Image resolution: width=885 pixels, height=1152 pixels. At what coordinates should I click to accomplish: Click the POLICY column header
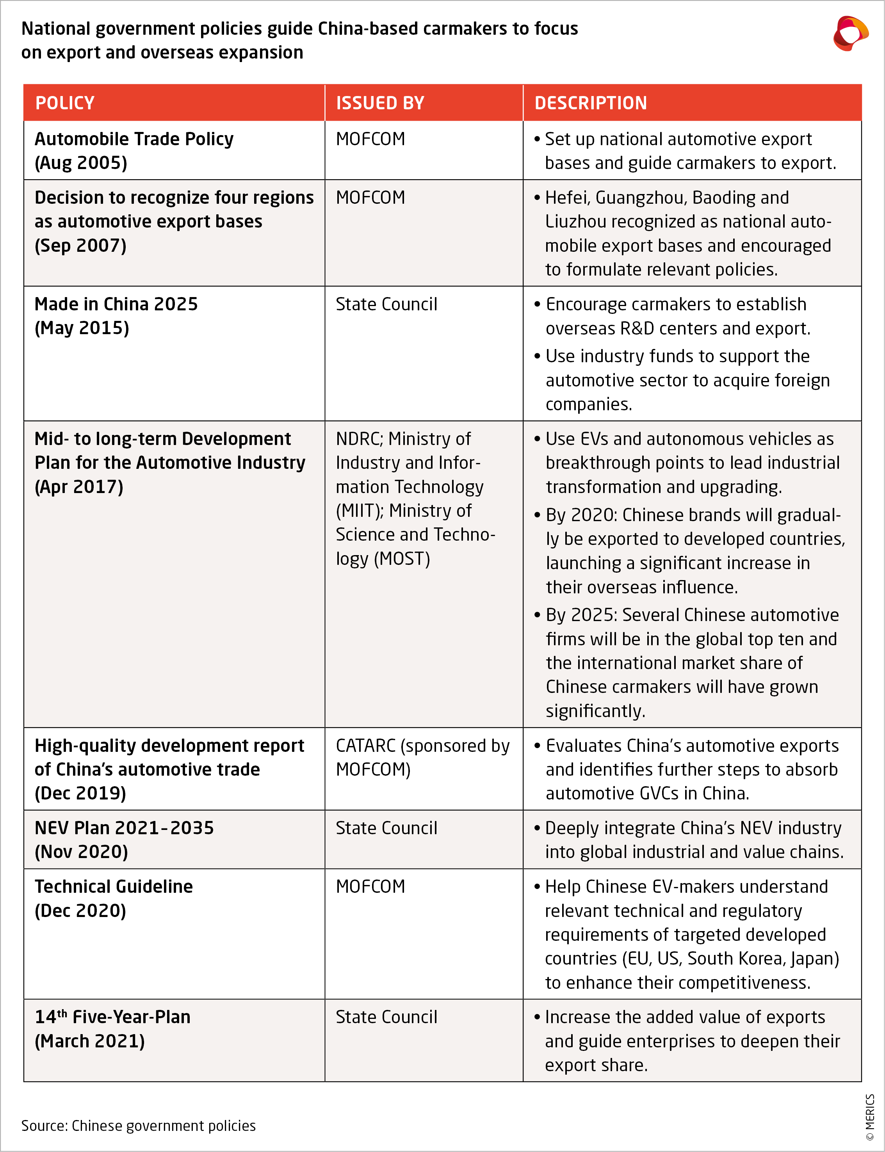(65, 103)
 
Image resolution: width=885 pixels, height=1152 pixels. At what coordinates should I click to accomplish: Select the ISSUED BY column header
(380, 103)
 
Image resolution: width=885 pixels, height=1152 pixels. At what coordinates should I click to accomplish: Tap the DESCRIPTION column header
(591, 103)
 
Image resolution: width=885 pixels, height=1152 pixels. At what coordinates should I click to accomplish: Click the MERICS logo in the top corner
(850, 34)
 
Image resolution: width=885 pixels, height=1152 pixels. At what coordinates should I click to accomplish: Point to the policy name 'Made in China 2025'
(116, 304)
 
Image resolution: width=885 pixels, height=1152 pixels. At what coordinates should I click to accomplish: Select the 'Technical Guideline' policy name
(114, 887)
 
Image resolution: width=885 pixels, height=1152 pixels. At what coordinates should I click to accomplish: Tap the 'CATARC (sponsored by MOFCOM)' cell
(422, 757)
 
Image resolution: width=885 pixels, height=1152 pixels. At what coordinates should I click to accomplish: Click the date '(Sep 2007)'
(80, 246)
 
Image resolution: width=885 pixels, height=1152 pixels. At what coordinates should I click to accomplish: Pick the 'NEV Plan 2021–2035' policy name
(124, 828)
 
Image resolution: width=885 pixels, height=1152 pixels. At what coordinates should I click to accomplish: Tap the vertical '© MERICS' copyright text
(870, 1117)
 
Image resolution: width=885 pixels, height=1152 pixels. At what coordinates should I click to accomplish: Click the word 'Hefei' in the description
(567, 198)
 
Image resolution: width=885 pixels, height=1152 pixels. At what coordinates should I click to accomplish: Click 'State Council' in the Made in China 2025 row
(386, 304)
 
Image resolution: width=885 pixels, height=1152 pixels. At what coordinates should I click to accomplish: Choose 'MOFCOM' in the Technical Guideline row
(370, 887)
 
